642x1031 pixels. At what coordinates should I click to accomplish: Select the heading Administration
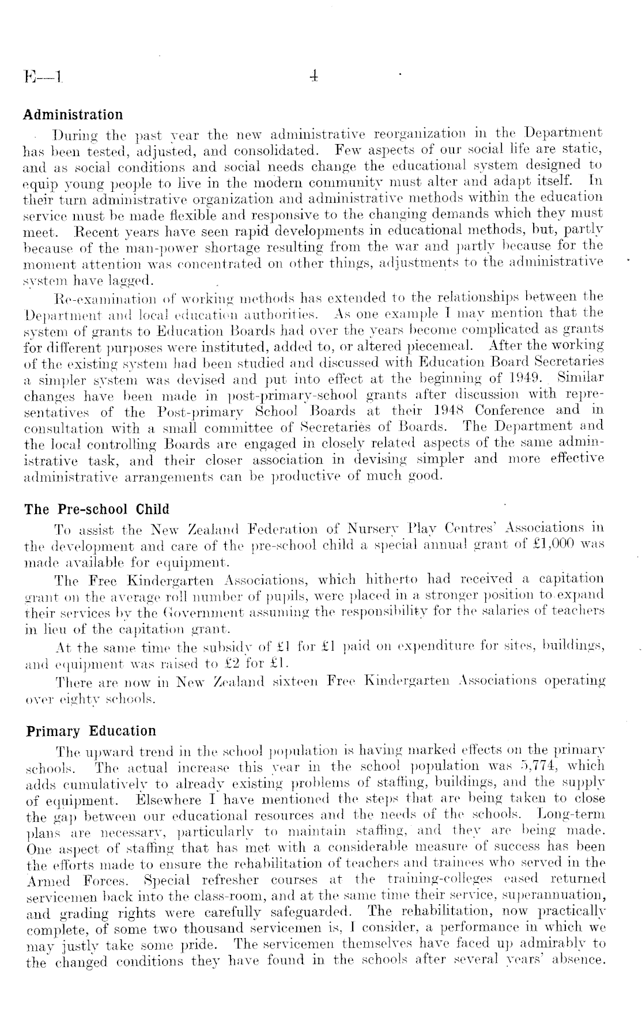(73, 115)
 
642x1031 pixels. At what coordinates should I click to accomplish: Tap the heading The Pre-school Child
(97, 509)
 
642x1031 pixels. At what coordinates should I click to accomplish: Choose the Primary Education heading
(91, 731)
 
